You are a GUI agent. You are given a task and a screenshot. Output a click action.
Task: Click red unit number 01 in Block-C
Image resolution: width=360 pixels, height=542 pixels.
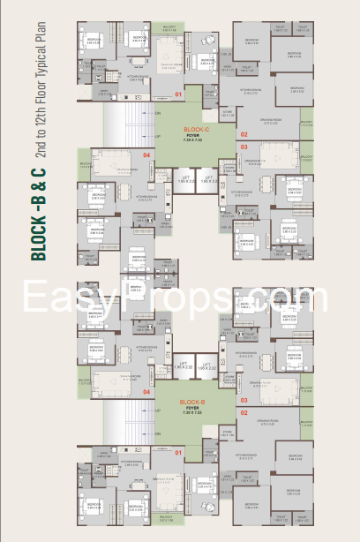coord(179,93)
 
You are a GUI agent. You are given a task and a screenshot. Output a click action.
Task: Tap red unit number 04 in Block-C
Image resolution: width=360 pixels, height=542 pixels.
coord(148,155)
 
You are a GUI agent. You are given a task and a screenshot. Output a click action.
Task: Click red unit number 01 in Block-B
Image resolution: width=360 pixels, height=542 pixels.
coord(179,453)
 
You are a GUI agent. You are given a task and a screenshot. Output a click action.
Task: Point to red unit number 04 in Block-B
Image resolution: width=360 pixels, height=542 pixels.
coord(148,391)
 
